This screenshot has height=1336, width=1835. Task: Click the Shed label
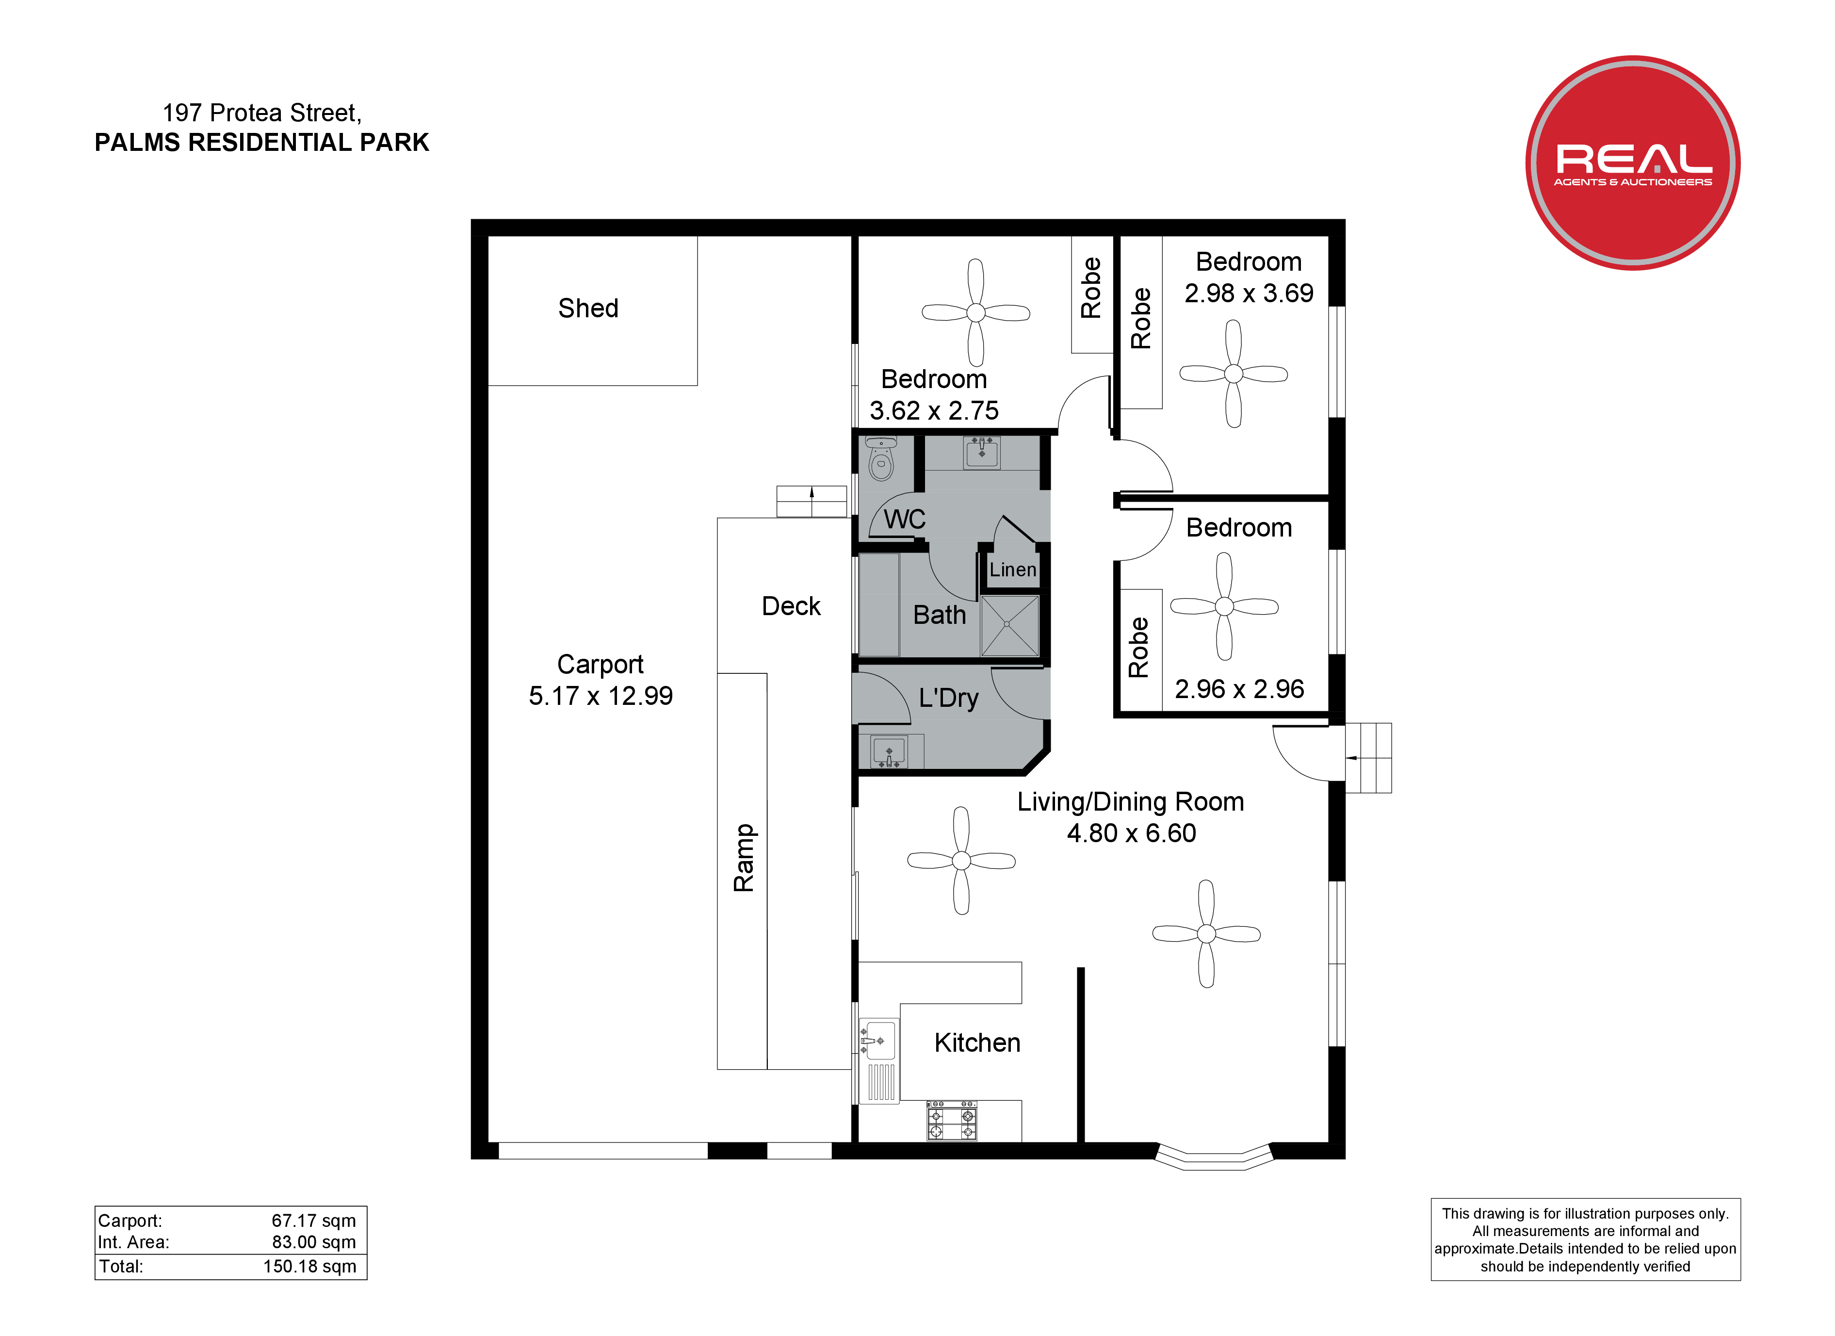[x=588, y=309]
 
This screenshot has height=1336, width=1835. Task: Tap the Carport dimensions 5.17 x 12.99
[x=601, y=696]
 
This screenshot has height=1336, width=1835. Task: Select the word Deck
[x=791, y=606]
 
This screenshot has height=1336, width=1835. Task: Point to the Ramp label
[x=744, y=858]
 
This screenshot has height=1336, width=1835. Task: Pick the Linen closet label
[x=1013, y=570]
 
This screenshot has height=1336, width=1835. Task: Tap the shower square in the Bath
[x=1009, y=625]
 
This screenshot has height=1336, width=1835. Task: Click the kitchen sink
[x=879, y=1040]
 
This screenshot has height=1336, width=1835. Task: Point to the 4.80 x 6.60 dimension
[x=1131, y=833]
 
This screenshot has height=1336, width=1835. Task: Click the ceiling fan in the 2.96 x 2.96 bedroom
[x=1224, y=606]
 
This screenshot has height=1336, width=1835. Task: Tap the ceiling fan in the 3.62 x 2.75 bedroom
[x=976, y=312]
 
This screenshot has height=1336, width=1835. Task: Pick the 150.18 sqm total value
[x=310, y=1267]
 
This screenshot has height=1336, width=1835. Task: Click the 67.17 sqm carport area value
[x=314, y=1220]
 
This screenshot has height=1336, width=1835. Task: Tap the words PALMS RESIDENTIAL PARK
[x=262, y=143]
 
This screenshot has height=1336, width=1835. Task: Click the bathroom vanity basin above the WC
[x=981, y=452]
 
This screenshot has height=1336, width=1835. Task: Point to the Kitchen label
[x=977, y=1043]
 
